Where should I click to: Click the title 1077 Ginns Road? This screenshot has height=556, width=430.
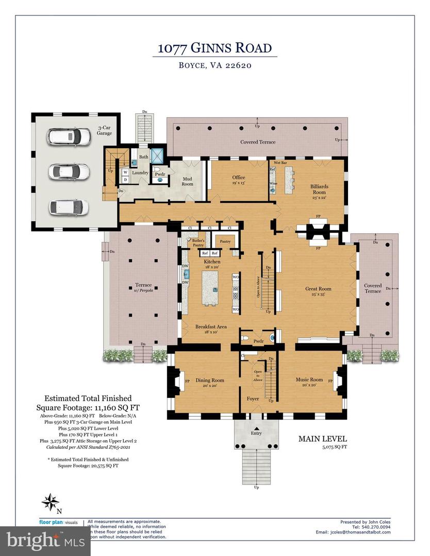[214, 49]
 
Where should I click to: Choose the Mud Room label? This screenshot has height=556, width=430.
[187, 180]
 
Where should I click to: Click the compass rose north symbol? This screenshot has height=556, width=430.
[50, 502]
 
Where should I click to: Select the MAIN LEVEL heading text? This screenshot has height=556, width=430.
[323, 439]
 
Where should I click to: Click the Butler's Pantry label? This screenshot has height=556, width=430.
[199, 243]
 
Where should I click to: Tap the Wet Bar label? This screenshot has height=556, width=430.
[280, 162]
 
